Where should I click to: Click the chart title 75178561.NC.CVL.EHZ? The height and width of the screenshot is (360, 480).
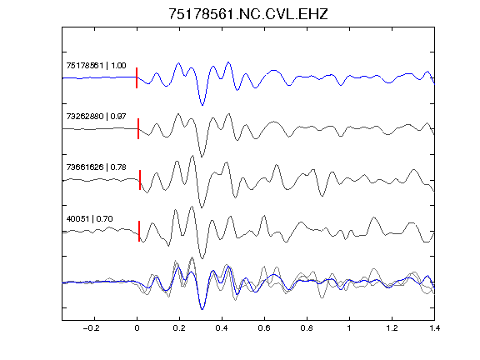(x=248, y=14)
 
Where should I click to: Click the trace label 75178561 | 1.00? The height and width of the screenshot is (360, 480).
(x=96, y=66)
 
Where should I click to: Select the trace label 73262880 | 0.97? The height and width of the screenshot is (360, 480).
(x=96, y=117)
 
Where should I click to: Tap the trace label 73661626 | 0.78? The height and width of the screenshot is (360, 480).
(x=96, y=167)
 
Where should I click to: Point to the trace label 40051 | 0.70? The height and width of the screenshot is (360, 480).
(x=90, y=218)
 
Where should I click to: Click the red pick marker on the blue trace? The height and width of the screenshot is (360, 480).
(x=137, y=77)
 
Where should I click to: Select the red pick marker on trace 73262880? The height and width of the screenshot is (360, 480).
(x=138, y=128)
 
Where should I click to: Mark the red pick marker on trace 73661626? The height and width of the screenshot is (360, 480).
(x=140, y=180)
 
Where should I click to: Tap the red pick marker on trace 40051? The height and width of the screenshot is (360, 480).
(x=139, y=231)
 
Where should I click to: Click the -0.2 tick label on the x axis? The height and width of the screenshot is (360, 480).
(x=91, y=328)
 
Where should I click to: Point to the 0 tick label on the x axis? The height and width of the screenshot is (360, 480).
(x=137, y=328)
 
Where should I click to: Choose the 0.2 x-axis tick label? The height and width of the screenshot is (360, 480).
(x=179, y=328)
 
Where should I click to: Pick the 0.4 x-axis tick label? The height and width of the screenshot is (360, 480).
(x=222, y=328)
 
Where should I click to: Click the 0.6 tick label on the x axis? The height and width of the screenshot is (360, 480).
(x=264, y=328)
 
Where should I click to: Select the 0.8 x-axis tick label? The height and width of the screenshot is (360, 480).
(x=307, y=328)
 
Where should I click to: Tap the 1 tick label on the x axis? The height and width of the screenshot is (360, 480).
(x=349, y=328)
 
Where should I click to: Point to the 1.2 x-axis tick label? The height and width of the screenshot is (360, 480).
(x=392, y=328)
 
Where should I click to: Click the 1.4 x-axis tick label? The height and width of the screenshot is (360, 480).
(x=434, y=328)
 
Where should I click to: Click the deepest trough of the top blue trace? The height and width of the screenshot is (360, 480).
(x=202, y=105)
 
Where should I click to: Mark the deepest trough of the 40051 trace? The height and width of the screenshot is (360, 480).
(x=202, y=258)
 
